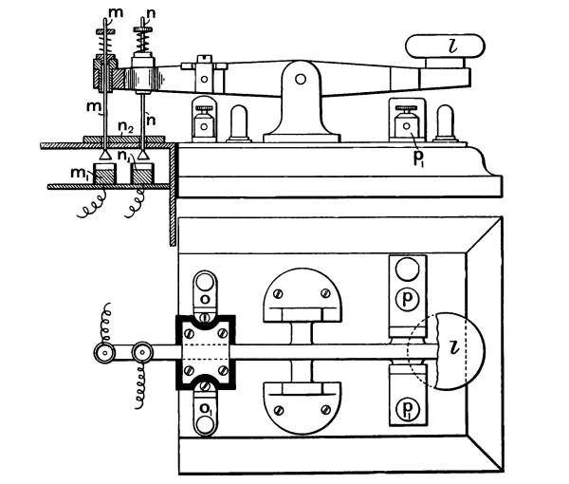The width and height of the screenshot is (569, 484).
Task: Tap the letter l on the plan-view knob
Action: [x=452, y=354]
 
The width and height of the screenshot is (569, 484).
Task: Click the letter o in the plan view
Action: [x=206, y=296]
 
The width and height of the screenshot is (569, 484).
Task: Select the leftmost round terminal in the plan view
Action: [x=101, y=353]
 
